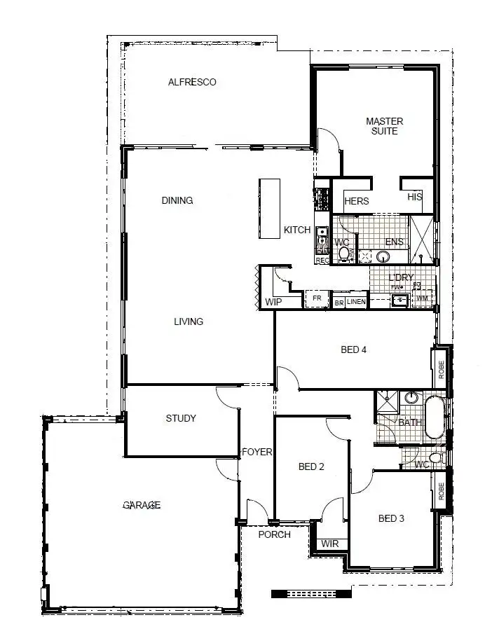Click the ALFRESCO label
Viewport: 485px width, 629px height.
click(192, 82)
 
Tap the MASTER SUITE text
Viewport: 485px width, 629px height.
click(385, 126)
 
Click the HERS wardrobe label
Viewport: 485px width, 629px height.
click(357, 201)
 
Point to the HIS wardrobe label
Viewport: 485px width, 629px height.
click(415, 198)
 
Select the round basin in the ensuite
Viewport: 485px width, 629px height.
click(383, 256)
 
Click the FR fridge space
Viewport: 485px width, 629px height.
click(317, 299)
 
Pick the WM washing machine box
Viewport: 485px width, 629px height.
click(423, 299)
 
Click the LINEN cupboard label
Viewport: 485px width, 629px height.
click(356, 302)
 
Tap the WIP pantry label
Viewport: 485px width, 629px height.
click(273, 302)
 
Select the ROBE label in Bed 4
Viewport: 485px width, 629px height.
click(442, 370)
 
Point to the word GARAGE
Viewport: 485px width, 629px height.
click(142, 505)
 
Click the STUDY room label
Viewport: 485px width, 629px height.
click(181, 418)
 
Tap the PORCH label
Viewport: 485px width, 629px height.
click(275, 534)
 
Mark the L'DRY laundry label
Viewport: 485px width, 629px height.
click(402, 278)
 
